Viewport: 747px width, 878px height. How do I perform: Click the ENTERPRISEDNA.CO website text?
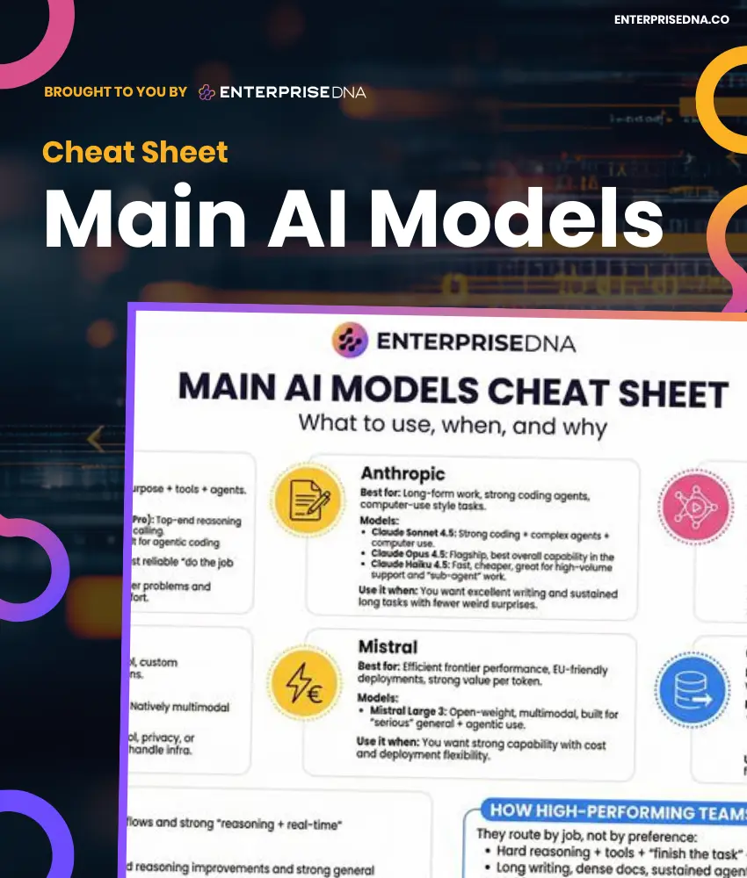[x=671, y=19]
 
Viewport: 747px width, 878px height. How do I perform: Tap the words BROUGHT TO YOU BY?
[x=115, y=91]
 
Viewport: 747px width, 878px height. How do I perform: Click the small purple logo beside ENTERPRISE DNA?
[x=207, y=91]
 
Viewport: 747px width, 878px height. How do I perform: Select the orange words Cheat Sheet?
[x=135, y=152]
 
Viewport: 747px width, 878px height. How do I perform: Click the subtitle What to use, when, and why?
[x=452, y=426]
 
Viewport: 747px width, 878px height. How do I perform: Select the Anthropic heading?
[x=403, y=473]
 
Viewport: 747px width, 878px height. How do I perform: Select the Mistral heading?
[x=388, y=646]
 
